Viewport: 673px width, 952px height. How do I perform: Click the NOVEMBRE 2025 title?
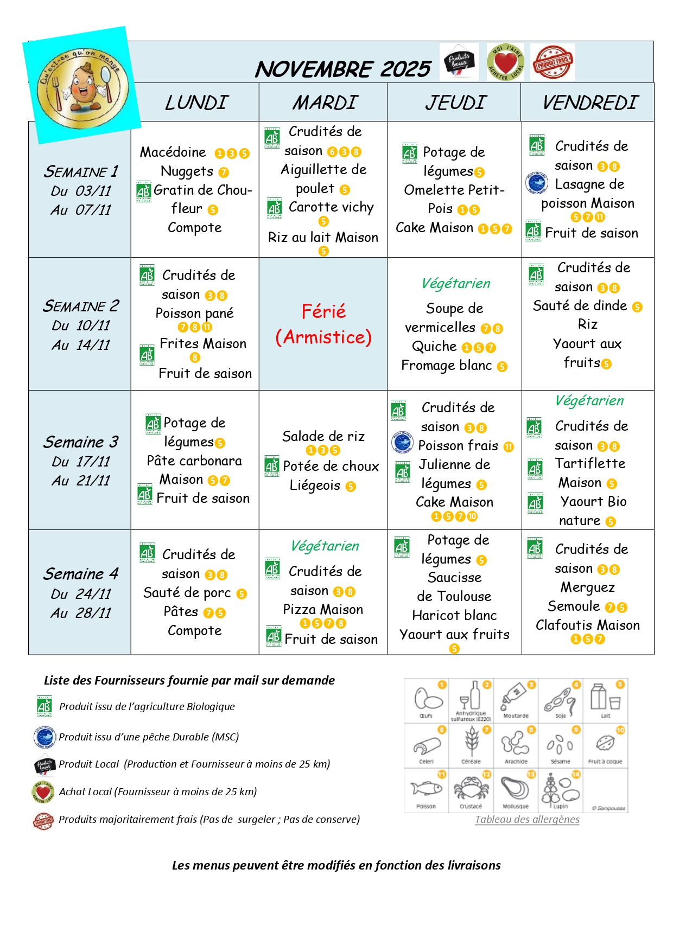click(x=343, y=69)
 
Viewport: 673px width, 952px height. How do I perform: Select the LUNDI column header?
click(x=196, y=103)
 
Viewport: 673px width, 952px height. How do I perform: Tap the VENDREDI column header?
click(x=590, y=103)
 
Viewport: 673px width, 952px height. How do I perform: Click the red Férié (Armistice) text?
click(x=323, y=324)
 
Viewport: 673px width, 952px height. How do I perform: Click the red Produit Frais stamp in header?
click(x=552, y=62)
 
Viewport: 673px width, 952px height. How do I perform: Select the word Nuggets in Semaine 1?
click(x=187, y=171)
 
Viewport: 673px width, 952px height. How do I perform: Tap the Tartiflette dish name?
click(x=590, y=464)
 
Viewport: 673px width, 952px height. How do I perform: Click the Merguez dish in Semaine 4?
click(x=588, y=587)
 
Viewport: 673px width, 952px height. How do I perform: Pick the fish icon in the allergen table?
click(x=426, y=788)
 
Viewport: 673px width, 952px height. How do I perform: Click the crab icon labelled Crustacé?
click(x=471, y=788)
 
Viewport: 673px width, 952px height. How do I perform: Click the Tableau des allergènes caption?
click(x=527, y=819)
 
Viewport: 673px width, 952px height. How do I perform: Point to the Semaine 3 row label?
click(x=81, y=442)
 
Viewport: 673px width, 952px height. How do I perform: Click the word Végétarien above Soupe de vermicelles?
click(x=455, y=283)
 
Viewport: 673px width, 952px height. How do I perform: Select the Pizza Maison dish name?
click(x=323, y=610)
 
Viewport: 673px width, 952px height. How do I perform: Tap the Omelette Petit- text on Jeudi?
click(x=454, y=190)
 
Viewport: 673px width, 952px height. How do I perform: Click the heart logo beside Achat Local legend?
click(x=43, y=792)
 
